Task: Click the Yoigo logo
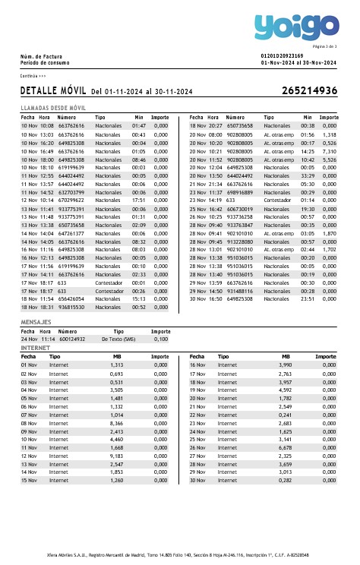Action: pyautogui.click(x=296, y=28)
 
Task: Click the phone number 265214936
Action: pyautogui.click(x=309, y=90)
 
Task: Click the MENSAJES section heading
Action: pyautogui.click(x=35, y=322)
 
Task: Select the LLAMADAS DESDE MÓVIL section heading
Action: pyautogui.click(x=52, y=109)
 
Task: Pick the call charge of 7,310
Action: pyautogui.click(x=329, y=151)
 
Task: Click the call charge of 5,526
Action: pyautogui.click(x=329, y=160)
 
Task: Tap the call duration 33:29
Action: pyautogui.click(x=307, y=176)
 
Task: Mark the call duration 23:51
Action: pyautogui.click(x=307, y=298)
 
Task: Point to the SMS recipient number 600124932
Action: pyautogui.click(x=72, y=339)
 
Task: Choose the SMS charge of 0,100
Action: pyautogui.click(x=160, y=339)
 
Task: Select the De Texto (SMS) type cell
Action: pyautogui.click(x=118, y=339)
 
